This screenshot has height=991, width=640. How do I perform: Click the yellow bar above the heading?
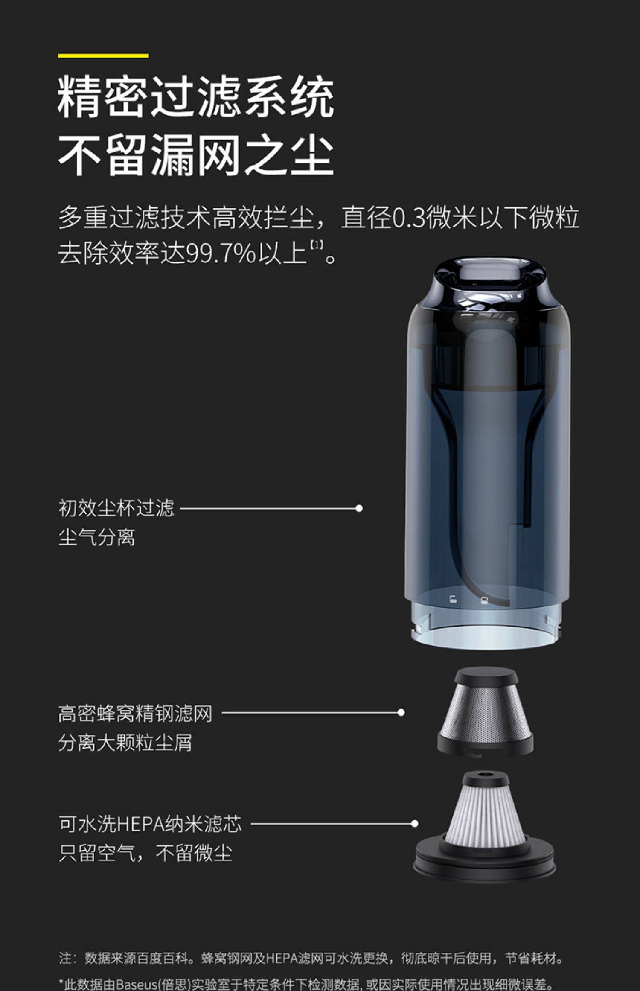tap(103, 55)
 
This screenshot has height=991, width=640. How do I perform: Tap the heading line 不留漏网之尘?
tap(196, 154)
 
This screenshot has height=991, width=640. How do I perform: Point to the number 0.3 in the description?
tap(409, 218)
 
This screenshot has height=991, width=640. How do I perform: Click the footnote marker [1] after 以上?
tap(316, 245)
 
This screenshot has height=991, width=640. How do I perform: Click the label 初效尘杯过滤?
tap(116, 508)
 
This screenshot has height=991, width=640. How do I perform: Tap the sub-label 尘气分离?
tap(97, 537)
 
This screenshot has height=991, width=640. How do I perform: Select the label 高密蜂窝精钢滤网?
tap(135, 713)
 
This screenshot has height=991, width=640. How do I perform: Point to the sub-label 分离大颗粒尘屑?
tap(125, 743)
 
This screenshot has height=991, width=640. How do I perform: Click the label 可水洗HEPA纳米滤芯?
tap(150, 823)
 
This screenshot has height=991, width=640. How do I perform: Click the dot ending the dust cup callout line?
tap(359, 508)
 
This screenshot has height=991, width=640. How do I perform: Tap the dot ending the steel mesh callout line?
tap(401, 712)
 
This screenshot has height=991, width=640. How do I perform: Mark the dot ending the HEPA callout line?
tap(414, 823)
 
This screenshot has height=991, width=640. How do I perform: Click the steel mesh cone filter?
tap(486, 710)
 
